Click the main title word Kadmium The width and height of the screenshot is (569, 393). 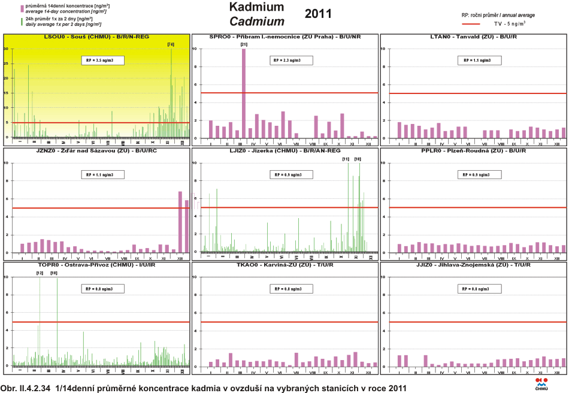[256, 8]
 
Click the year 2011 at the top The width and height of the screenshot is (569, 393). [317, 14]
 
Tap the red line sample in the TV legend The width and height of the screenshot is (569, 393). [471, 24]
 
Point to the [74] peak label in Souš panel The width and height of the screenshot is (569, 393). [171, 44]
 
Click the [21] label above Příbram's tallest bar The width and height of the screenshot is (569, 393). [243, 44]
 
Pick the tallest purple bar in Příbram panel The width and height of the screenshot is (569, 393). [243, 93]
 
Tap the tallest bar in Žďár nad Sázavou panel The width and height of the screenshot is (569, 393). [180, 222]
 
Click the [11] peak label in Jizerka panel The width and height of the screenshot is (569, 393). [346, 159]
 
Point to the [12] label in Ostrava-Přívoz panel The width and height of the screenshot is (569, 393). [40, 273]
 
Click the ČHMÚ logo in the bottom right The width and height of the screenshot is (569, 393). [541, 383]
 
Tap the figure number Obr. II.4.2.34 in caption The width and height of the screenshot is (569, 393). [26, 388]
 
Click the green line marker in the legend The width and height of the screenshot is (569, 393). [22, 22]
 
